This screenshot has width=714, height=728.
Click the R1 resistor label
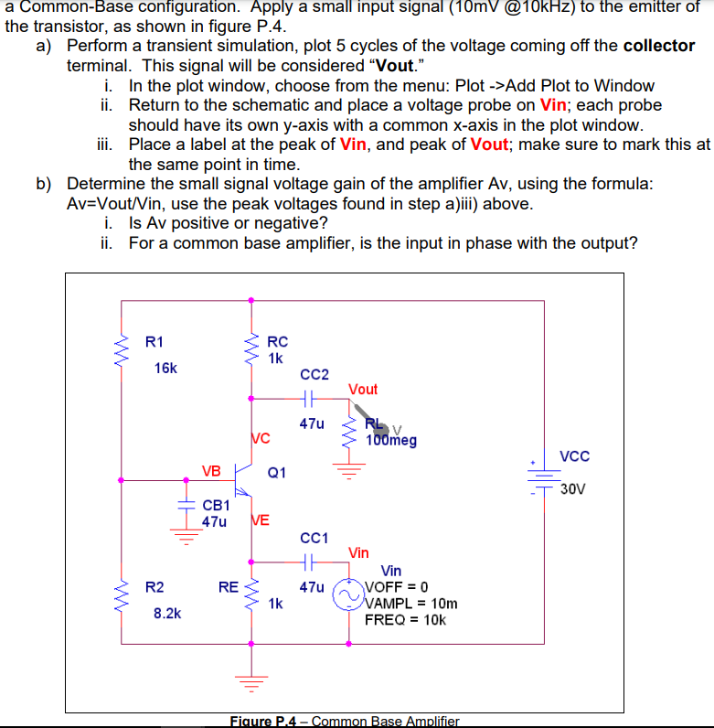point(155,342)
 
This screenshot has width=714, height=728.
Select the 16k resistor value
point(166,368)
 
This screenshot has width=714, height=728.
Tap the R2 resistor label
point(155,586)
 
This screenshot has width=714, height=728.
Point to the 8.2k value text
point(166,613)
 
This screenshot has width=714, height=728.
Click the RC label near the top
point(278,342)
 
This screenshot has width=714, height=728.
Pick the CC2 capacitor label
point(314,374)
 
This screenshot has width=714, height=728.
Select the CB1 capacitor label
point(216,505)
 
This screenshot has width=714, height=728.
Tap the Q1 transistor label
point(277,473)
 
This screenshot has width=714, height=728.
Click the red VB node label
point(211,471)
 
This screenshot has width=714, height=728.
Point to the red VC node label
point(260,438)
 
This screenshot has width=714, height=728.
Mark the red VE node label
point(260,520)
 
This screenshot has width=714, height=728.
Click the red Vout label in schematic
point(363,389)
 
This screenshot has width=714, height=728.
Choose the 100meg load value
point(391,441)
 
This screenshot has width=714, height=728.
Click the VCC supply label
point(574,456)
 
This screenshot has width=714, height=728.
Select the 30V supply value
point(573,487)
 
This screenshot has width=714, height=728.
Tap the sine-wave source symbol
point(348,595)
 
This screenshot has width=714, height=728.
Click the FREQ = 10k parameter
point(406,619)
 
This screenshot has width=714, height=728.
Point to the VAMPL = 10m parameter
point(411,604)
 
